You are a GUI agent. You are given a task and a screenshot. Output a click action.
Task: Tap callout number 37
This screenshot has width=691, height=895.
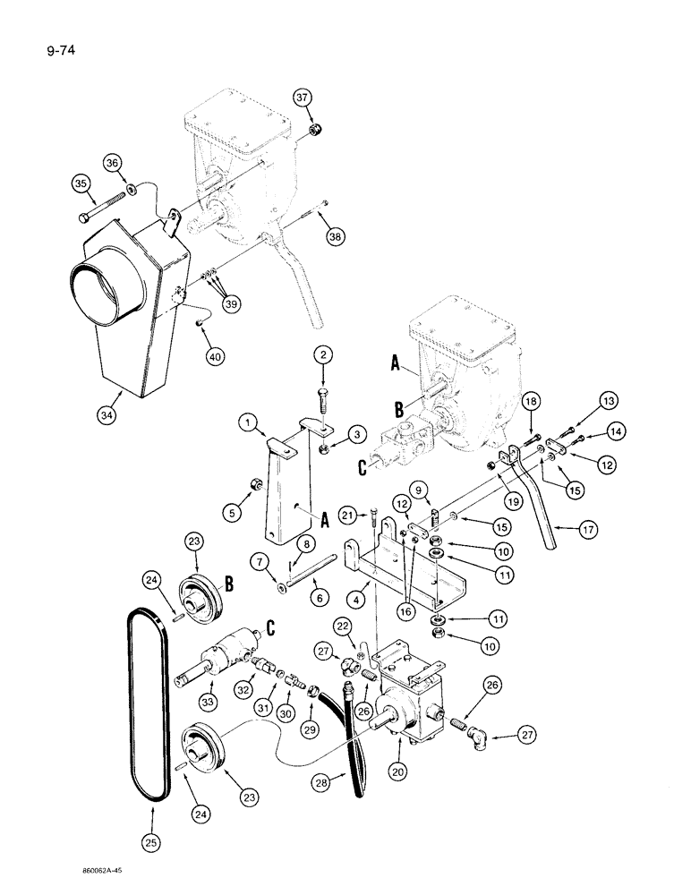point(304,98)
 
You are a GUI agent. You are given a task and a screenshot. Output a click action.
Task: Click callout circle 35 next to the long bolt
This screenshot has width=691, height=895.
point(82,185)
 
